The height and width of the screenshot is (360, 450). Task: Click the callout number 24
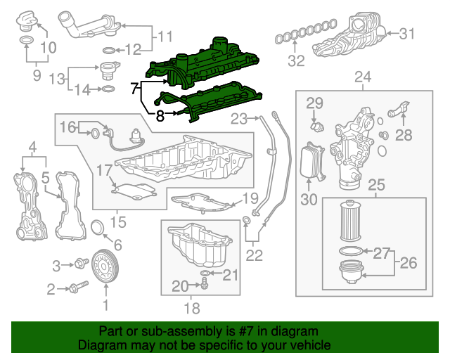[362, 77]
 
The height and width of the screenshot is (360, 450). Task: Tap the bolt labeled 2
[77, 287]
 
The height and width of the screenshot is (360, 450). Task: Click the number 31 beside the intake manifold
[407, 33]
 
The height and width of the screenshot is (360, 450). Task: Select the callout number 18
[191, 308]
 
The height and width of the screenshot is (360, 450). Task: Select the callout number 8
[160, 116]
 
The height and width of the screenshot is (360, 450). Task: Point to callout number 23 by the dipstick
[240, 117]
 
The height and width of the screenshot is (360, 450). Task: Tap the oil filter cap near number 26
[352, 271]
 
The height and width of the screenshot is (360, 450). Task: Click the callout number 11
[165, 36]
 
